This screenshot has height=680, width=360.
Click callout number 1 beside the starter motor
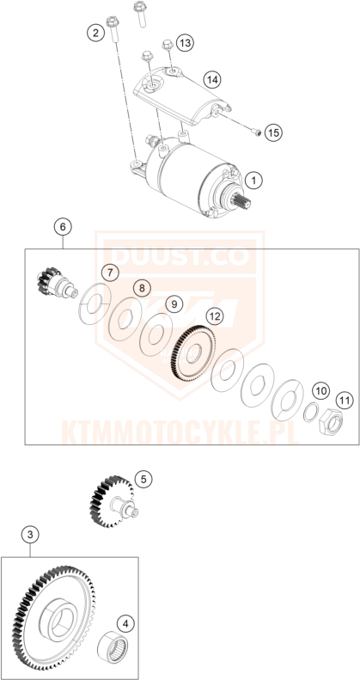[253, 180]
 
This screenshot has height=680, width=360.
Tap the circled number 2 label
[94, 34]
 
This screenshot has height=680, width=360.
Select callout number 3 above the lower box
[31, 535]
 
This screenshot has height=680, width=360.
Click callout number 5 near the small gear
[143, 479]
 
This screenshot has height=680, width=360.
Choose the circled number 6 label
[61, 228]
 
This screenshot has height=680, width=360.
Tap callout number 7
[109, 273]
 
